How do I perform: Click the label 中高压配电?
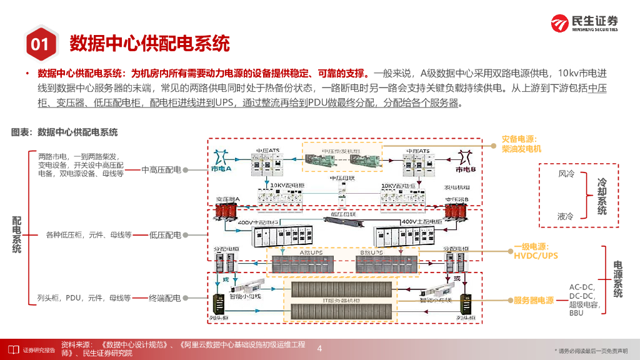click(161, 169)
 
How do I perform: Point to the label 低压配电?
click(165, 235)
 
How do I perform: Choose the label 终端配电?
click(165, 298)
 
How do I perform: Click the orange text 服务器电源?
click(534, 301)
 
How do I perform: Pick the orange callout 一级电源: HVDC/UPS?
click(536, 251)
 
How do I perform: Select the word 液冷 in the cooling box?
click(566, 216)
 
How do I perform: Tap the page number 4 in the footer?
click(320, 348)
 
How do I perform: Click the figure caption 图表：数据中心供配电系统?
click(64, 132)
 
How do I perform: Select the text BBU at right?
click(576, 313)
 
